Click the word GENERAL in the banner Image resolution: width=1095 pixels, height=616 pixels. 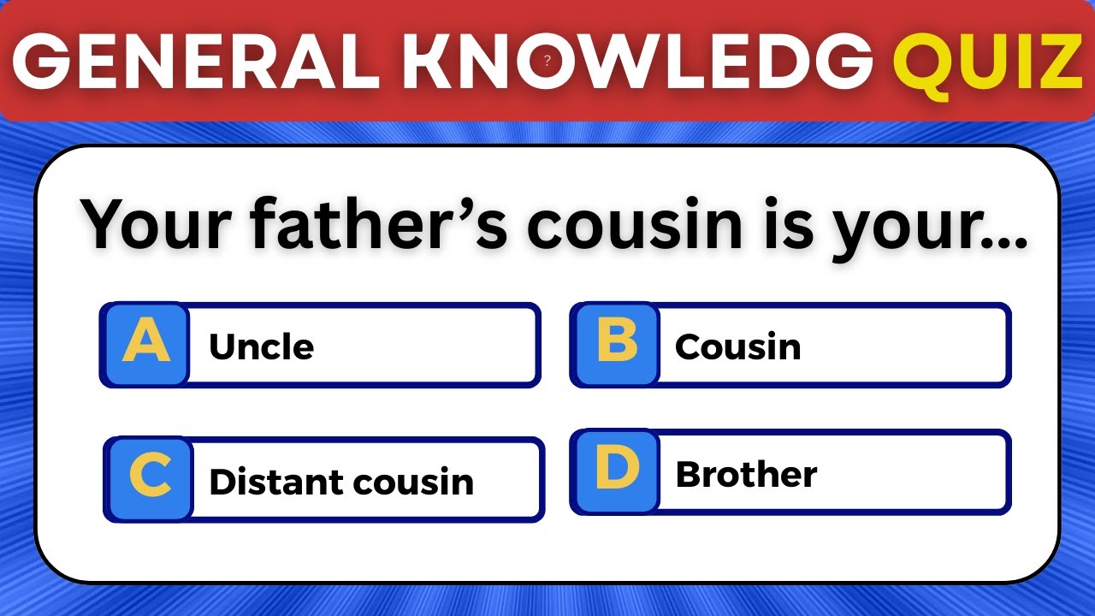point(193,62)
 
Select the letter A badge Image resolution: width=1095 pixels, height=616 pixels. point(145,345)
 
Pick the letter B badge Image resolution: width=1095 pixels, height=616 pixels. point(616,345)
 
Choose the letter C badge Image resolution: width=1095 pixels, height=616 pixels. point(150,479)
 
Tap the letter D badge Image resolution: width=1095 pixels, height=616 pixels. point(616,471)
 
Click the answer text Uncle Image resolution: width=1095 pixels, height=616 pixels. point(261,346)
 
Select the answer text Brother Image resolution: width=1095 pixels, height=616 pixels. point(746,474)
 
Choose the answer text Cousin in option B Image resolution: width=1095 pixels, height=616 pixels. point(737,346)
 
